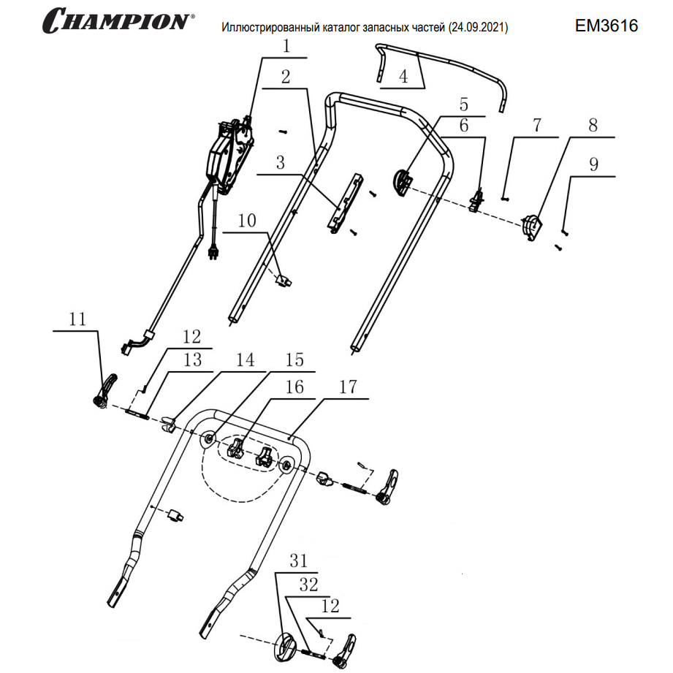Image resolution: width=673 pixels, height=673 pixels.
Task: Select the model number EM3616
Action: coord(607,26)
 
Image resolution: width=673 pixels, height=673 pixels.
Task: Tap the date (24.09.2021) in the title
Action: coord(480,28)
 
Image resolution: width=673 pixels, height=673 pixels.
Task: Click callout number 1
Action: coord(286,46)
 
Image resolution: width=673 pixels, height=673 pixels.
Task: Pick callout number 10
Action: coord(247,220)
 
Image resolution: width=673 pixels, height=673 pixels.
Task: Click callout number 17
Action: coord(348,387)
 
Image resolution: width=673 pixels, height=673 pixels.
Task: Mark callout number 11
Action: coord(77,319)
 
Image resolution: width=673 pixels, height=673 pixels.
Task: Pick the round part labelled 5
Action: coord(403,180)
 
